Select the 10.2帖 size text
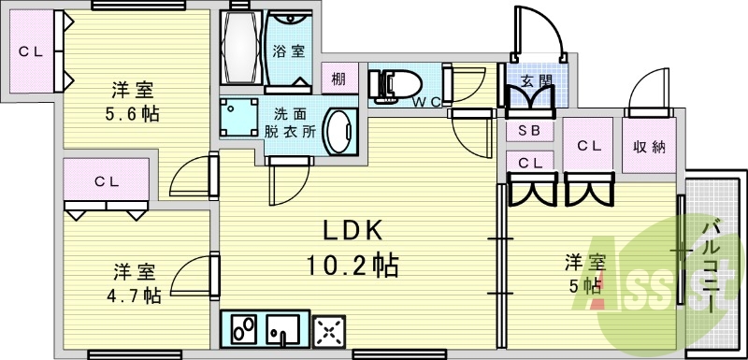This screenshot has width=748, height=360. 353,266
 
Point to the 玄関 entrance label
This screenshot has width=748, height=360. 536,80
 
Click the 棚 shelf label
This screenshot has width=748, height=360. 338,79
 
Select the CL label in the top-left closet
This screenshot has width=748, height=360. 29,51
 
